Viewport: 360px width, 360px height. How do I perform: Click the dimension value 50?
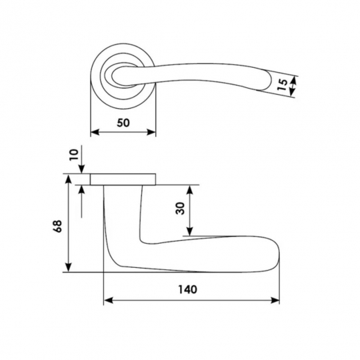click(123, 123)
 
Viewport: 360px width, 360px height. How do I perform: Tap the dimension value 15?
click(282, 85)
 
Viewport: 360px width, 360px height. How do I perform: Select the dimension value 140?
click(188, 289)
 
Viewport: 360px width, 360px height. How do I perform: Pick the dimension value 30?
click(181, 208)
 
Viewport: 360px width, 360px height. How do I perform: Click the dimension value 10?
click(74, 155)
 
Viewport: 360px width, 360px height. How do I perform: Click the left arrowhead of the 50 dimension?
click(95, 132)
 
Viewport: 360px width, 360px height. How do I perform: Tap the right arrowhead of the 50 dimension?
click(151, 132)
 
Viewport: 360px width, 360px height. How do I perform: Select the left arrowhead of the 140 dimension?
click(109, 300)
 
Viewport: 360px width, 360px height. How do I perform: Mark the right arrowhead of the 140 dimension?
click(275, 300)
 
